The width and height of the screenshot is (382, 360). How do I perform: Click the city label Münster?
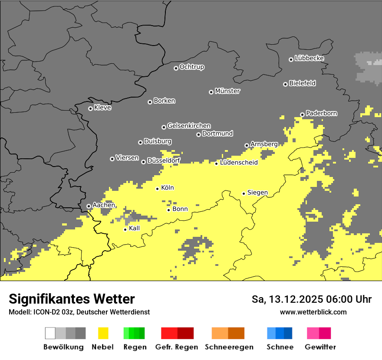(227, 91)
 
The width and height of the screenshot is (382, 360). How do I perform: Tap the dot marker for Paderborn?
(302, 115)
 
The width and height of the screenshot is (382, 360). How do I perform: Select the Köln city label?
(168, 188)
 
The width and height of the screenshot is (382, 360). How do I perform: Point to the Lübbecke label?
(309, 58)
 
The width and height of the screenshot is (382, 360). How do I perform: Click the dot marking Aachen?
(89, 206)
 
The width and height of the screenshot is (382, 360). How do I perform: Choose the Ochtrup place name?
(192, 67)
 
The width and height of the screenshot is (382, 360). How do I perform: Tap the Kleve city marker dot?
(90, 108)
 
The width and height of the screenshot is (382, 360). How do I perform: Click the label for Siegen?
(257, 193)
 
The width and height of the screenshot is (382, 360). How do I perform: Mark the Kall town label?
(135, 228)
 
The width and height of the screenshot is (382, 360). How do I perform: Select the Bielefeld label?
(302, 83)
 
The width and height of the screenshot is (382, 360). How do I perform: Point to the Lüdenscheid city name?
(239, 163)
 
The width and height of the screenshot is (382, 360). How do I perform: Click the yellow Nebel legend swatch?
(103, 333)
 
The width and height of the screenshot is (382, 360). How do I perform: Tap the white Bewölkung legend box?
(50, 333)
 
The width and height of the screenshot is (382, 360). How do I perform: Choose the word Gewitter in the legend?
(320, 347)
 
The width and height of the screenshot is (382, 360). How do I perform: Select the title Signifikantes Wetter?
(72, 299)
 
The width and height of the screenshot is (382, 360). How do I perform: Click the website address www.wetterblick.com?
(313, 312)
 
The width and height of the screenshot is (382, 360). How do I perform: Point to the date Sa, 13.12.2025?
(286, 299)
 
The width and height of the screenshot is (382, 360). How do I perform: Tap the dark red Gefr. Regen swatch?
(185, 333)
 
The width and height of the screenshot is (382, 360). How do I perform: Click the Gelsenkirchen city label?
(189, 126)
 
